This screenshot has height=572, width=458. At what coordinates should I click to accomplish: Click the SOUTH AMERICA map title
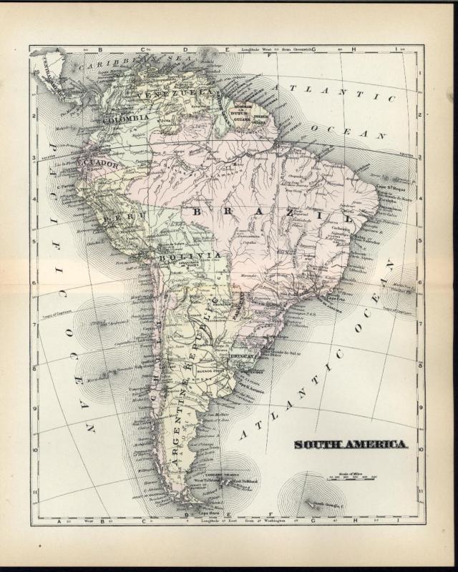click(x=351, y=444)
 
